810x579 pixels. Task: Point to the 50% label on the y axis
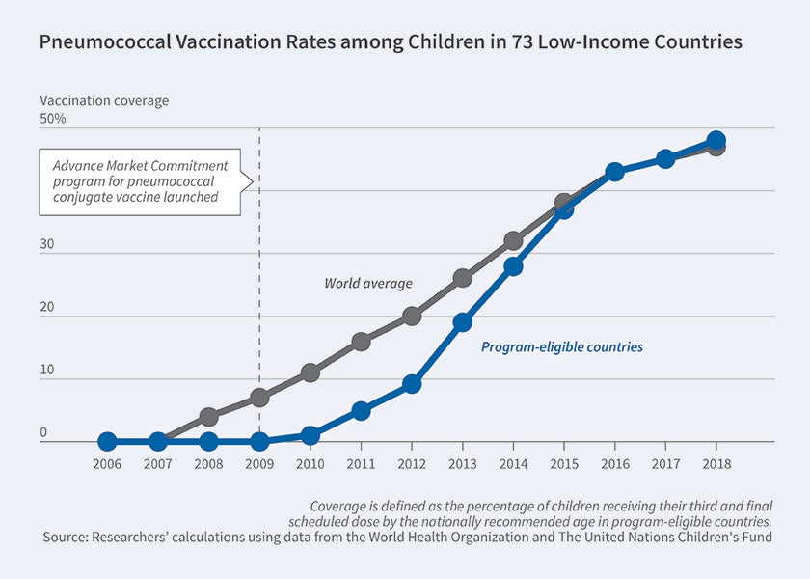pos(53,119)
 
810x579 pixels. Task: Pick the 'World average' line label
pos(367,284)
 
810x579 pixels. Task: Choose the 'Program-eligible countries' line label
pos(561,346)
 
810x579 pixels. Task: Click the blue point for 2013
pos(463,322)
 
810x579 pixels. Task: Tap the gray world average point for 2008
pos(209,417)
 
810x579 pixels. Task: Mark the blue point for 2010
pos(310,435)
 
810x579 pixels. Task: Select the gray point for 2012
pos(412,316)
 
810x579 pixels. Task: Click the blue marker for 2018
pos(715,140)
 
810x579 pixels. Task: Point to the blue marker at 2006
pos(108,441)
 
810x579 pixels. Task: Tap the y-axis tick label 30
pos(47,245)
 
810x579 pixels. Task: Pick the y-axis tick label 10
pos(47,371)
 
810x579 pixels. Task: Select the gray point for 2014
pos(513,240)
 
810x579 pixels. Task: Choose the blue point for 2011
pos(361,410)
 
